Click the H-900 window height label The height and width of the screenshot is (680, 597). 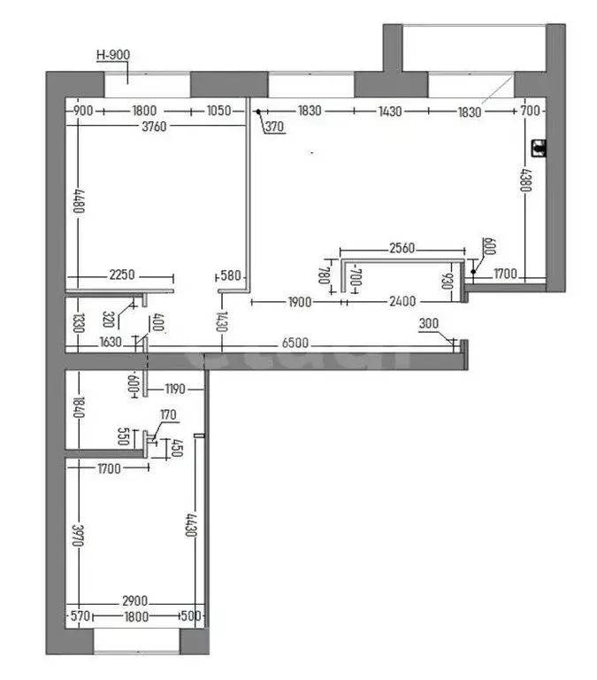click(112, 55)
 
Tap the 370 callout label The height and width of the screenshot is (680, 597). click(275, 127)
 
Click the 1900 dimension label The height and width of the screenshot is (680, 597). click(299, 302)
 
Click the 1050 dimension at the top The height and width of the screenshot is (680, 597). click(218, 111)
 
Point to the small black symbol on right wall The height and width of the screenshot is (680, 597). click(537, 148)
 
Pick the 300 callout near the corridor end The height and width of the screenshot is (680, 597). click(429, 325)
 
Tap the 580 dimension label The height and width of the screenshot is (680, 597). click(232, 276)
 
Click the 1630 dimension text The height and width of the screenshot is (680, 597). click(111, 343)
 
